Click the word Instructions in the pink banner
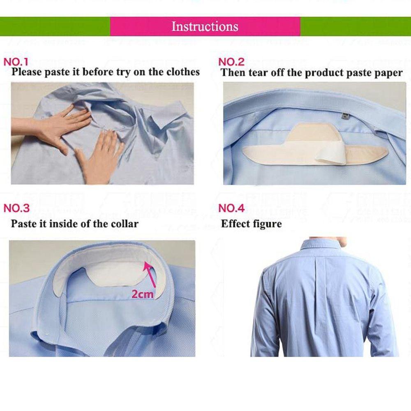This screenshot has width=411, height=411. [x=205, y=27]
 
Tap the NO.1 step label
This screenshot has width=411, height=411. [x=16, y=62]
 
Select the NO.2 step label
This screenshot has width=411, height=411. [x=231, y=62]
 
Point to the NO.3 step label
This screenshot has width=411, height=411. [x=16, y=208]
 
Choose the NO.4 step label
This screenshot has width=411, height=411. [x=231, y=208]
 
